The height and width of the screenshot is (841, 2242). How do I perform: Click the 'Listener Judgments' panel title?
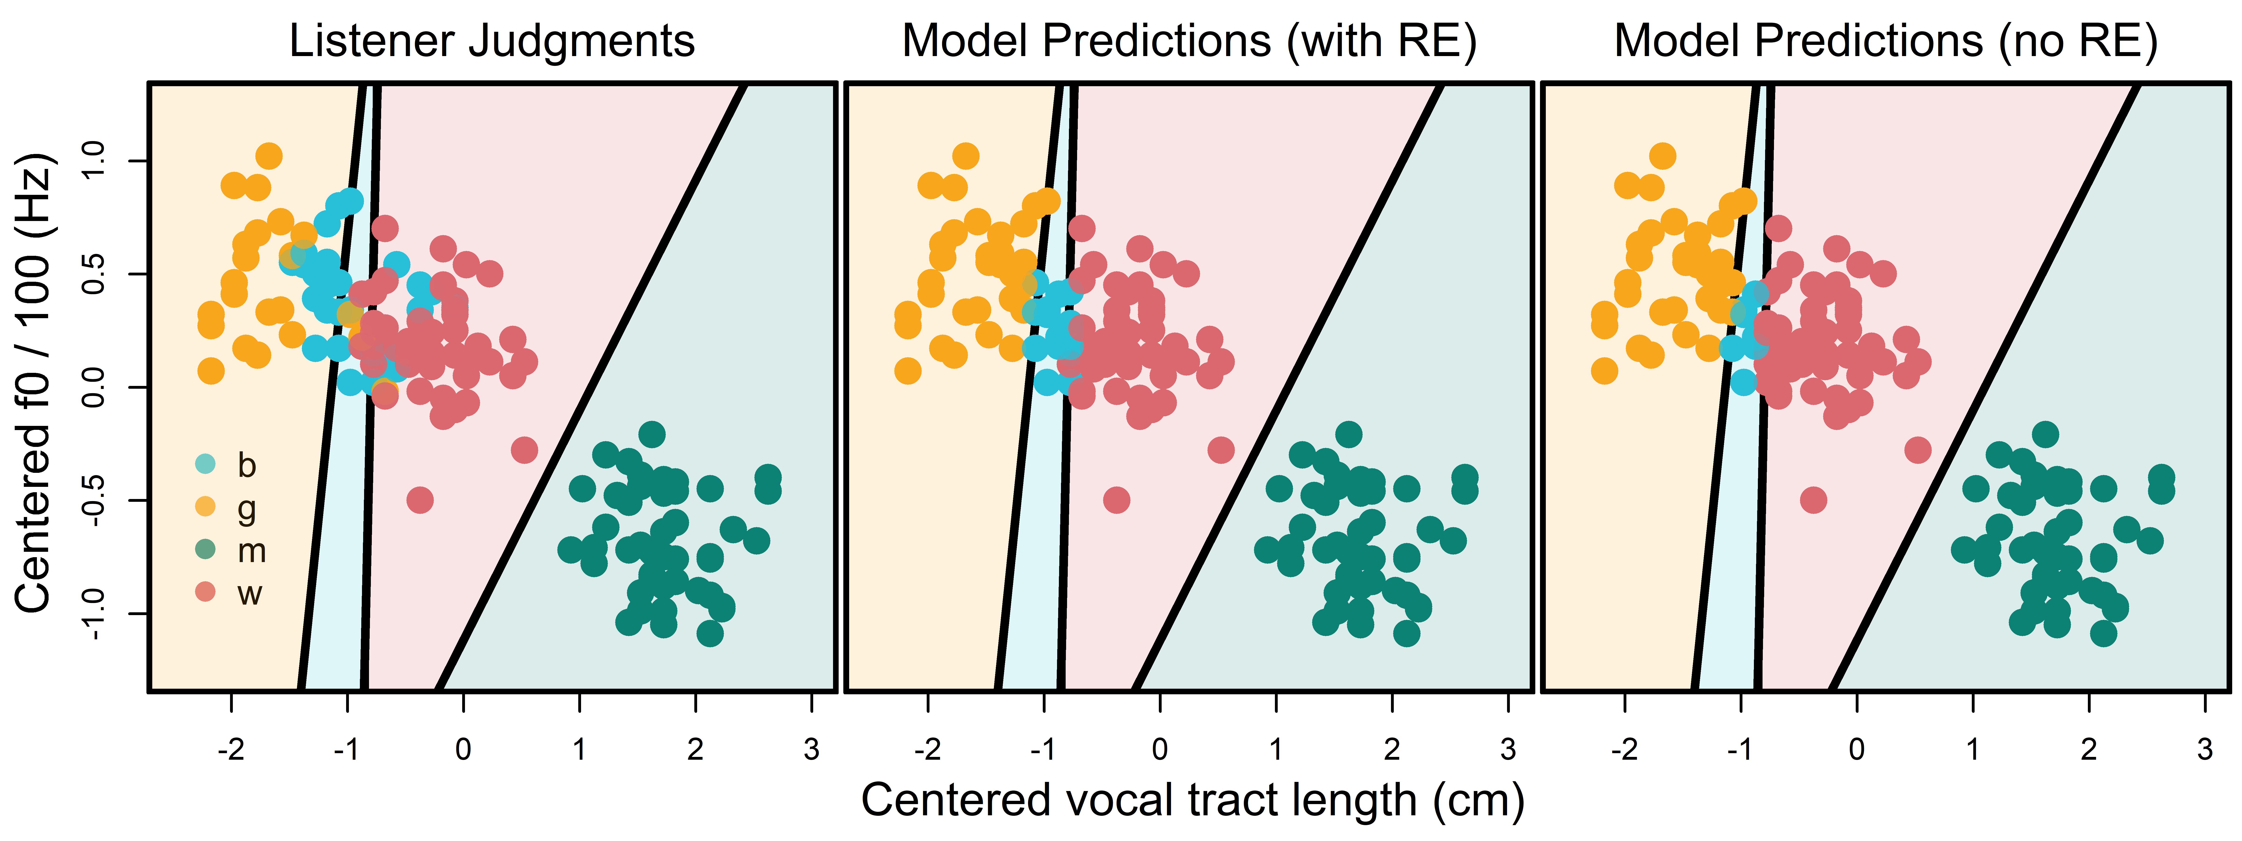click(x=492, y=41)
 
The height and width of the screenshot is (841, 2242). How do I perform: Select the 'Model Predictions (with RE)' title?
click(x=1189, y=41)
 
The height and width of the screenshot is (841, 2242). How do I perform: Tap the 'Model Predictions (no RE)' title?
click(x=1886, y=41)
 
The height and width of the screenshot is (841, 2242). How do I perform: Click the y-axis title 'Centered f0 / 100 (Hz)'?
click(x=36, y=383)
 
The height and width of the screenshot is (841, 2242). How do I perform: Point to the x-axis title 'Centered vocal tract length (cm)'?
click(x=1192, y=800)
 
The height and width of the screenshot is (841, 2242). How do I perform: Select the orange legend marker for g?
click(x=206, y=507)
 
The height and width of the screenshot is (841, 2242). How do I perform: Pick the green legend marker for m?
click(x=206, y=549)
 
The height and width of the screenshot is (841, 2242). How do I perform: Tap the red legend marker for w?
click(x=206, y=592)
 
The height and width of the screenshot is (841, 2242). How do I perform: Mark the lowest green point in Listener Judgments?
click(x=710, y=633)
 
